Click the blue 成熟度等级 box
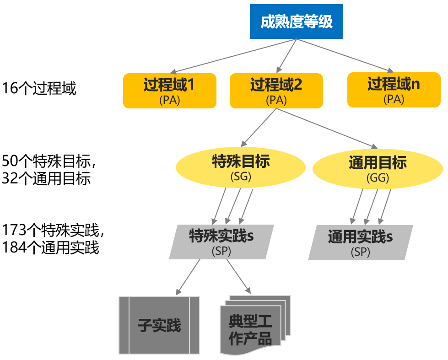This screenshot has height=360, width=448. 296,21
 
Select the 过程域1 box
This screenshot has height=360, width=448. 169,91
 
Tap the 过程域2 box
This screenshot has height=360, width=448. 276,91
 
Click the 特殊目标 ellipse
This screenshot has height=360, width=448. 241,167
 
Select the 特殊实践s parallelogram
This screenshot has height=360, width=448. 221,242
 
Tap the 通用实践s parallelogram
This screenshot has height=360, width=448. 360,242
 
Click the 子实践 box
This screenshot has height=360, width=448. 159,325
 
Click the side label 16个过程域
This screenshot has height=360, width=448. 38,88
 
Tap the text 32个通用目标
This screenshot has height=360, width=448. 46,178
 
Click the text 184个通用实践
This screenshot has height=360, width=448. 50,247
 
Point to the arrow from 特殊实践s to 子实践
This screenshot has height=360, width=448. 188,277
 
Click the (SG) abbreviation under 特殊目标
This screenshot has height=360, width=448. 241,177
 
